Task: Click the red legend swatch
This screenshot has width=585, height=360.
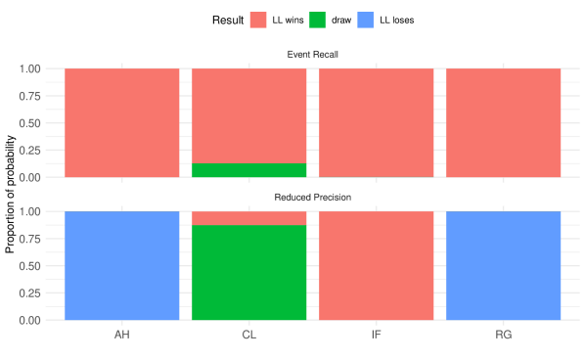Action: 258,20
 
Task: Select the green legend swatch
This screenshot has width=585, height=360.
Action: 317,20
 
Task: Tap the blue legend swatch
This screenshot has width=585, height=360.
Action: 365,20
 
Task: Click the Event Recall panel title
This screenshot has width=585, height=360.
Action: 313,54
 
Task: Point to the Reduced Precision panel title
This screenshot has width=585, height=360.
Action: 313,197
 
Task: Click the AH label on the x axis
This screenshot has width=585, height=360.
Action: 122,335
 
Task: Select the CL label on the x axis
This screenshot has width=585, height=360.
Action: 249,335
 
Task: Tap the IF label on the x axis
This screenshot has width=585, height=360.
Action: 377,335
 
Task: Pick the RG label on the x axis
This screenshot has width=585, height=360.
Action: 504,335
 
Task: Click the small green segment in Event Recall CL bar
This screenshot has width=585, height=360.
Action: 249,170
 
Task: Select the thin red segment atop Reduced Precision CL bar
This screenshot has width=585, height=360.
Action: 249,218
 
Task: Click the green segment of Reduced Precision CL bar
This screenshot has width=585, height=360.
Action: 249,273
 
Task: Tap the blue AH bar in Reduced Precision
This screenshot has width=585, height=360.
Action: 122,265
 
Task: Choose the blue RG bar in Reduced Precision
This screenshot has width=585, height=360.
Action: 504,265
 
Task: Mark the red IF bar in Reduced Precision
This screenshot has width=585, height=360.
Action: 377,265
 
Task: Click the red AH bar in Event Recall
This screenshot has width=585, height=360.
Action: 122,122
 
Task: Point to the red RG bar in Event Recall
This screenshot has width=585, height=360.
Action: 504,122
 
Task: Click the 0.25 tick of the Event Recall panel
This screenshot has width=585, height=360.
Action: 30,150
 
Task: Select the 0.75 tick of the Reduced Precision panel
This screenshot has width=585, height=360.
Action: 30,238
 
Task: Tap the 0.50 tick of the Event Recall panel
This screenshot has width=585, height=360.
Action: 30,123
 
